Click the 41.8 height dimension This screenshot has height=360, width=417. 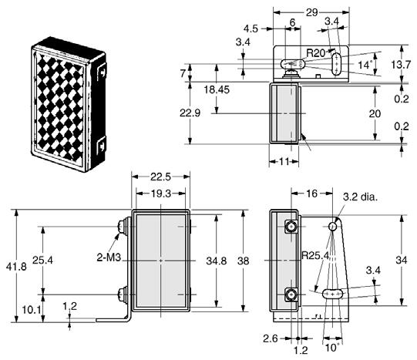pos(16,267)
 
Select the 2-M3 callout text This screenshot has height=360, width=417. pos(109,257)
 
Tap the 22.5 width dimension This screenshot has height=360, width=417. pos(160,177)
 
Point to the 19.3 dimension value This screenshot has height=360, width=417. pos(161,193)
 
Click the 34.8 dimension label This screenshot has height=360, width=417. pos(217,261)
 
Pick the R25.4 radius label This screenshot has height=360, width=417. pos(316,255)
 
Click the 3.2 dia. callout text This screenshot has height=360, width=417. pos(361,197)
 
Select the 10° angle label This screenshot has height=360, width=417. pos(332,348)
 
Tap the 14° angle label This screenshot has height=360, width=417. pos(365,65)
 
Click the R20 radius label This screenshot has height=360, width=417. pos(316,53)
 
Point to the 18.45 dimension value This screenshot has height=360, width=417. pos(217,90)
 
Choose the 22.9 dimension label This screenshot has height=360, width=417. pos(190,113)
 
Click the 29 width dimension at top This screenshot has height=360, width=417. pos(311,12)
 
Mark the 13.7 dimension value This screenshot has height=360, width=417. pos(401,64)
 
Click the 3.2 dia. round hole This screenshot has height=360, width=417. pos(333,227)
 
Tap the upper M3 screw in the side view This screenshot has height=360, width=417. pos(291,227)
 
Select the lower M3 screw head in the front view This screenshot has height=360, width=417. pos(122,294)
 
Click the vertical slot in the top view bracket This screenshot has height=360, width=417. pos(337,64)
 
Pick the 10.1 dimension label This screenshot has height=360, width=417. pos(32,310)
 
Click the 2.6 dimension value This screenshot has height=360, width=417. pos(271,338)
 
